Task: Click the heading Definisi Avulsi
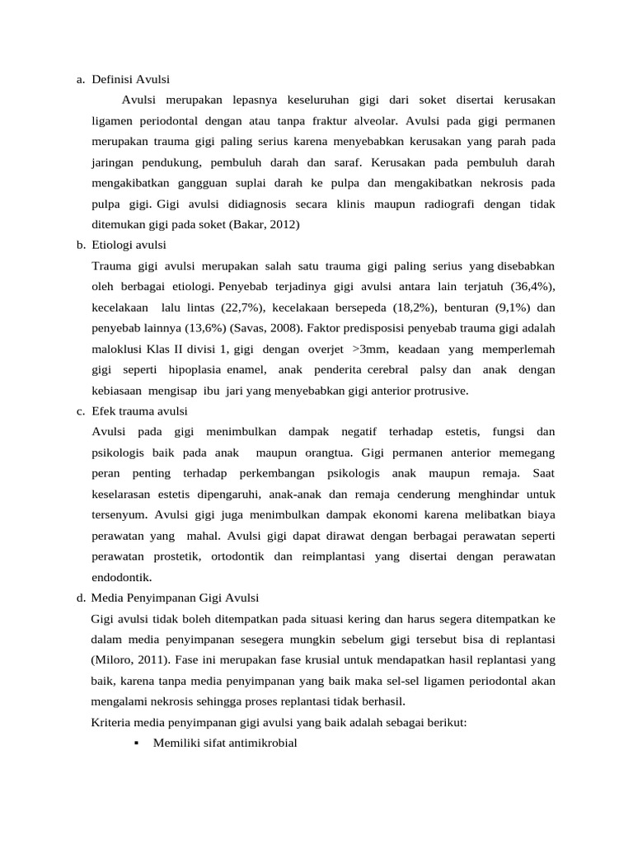click(x=130, y=80)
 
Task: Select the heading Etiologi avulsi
click(x=129, y=246)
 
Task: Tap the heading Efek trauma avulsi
click(x=140, y=410)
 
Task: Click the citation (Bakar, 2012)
click(x=265, y=224)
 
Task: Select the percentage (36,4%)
click(x=532, y=286)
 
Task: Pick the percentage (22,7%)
click(x=242, y=307)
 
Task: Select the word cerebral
click(x=387, y=369)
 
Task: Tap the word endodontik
click(x=123, y=577)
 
